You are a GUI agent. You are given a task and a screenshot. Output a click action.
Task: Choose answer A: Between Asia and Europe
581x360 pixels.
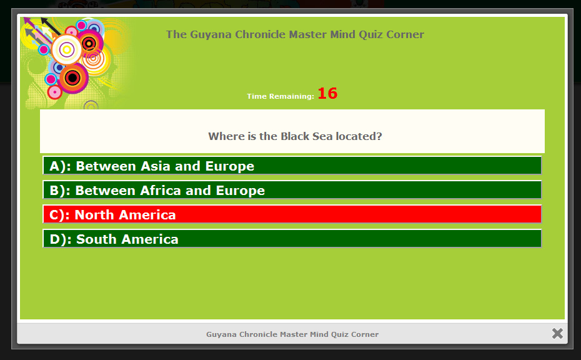(x=292, y=166)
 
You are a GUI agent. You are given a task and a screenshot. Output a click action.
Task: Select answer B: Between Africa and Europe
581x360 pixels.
(x=292, y=190)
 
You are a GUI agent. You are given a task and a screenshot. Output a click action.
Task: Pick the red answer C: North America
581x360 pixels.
(x=292, y=214)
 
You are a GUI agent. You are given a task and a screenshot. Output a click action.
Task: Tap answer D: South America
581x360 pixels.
(x=292, y=239)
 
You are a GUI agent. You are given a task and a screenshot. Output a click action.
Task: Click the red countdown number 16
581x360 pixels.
(x=327, y=93)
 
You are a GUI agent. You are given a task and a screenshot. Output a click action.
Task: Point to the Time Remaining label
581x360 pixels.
(x=281, y=96)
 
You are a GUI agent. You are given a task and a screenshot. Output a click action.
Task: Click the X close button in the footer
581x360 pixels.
(x=557, y=333)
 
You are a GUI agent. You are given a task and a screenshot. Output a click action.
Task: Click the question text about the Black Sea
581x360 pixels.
(x=295, y=136)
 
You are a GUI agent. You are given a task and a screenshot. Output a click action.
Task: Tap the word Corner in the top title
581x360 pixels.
(x=405, y=34)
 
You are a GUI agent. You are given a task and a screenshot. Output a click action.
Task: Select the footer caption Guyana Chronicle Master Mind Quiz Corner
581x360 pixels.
(x=292, y=334)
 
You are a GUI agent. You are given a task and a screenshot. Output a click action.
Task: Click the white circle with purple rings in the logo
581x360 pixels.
(x=67, y=49)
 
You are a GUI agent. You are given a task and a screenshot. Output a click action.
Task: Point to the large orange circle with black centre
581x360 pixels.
(x=72, y=78)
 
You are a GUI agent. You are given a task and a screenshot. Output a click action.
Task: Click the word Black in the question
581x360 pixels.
(x=295, y=136)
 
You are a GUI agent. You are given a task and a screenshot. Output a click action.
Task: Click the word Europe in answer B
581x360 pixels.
(x=241, y=191)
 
